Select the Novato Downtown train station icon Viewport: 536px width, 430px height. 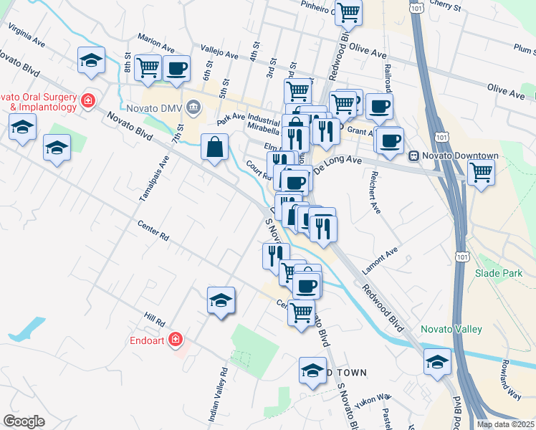point(413,156)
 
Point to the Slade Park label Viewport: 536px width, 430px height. point(494,273)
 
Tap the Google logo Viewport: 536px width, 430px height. point(24,421)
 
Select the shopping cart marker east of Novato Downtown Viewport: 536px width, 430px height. point(480,171)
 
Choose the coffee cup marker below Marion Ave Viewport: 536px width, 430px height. point(176,69)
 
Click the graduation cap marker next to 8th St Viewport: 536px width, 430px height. point(92,61)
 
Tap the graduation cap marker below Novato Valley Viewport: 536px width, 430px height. point(437,362)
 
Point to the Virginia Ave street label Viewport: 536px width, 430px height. point(27,36)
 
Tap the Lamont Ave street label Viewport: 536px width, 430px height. point(380,260)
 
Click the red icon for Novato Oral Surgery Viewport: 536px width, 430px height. point(88,101)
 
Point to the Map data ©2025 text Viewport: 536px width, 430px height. point(506,424)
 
